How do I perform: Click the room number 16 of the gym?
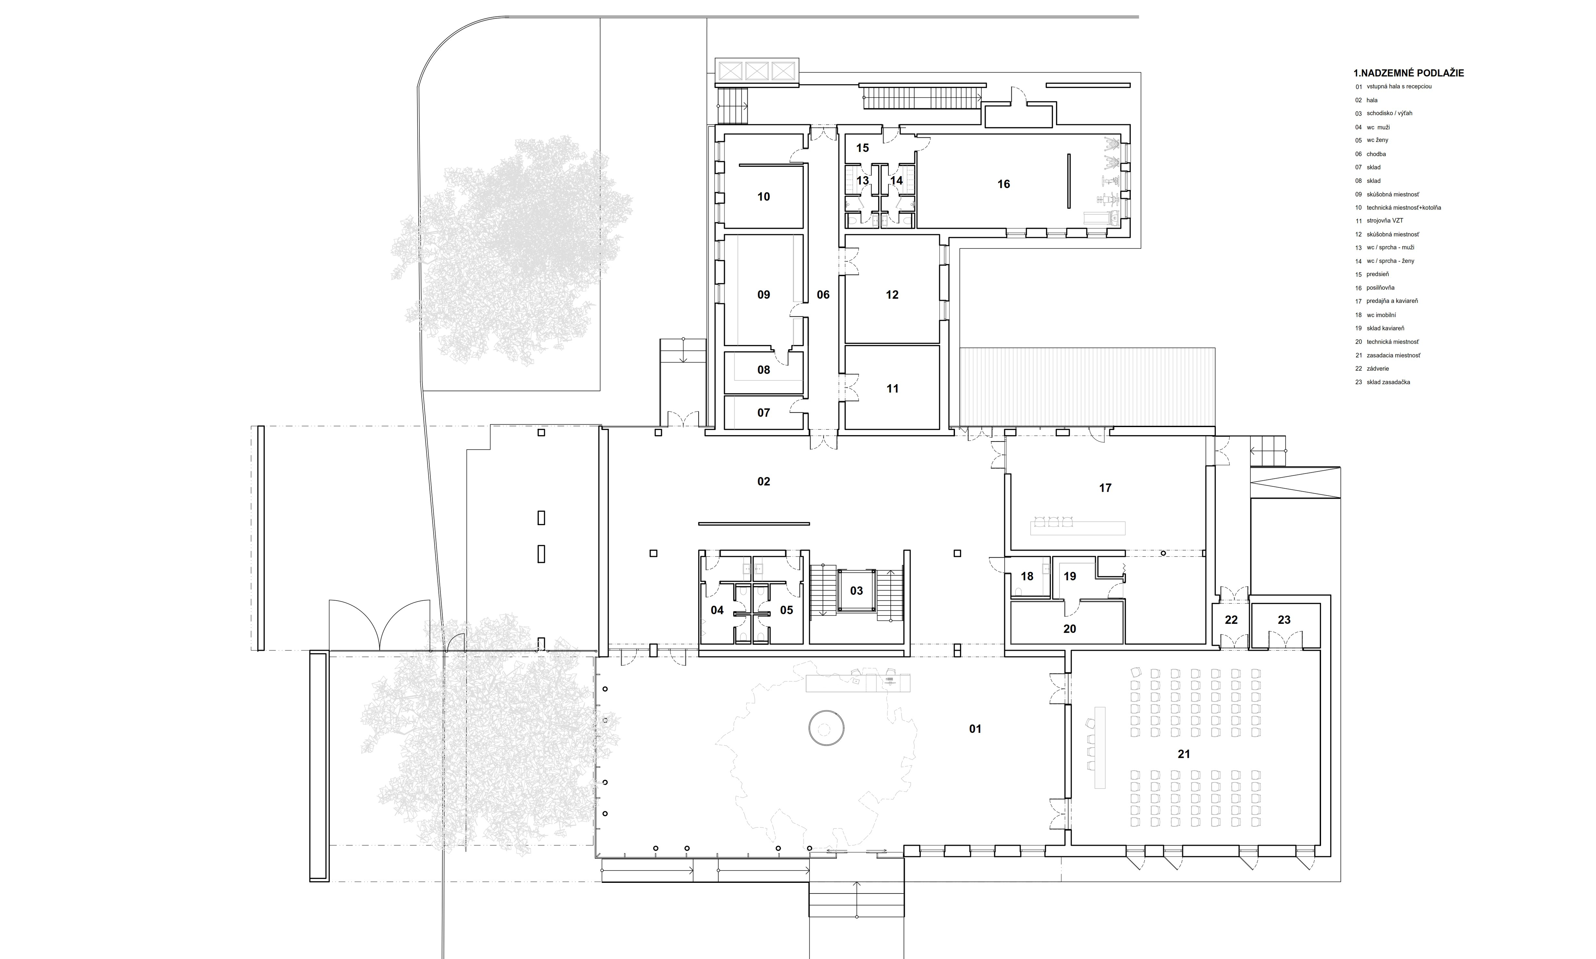coord(1003,184)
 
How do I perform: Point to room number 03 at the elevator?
coord(856,591)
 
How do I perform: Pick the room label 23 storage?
coord(1284,620)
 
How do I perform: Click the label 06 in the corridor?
coord(822,295)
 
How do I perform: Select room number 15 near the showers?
coord(862,148)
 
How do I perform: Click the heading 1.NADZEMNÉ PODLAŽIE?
coord(1408,73)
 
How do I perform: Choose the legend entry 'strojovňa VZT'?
coord(1382,220)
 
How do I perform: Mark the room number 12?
coord(892,295)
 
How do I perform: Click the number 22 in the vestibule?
coord(1231,620)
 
